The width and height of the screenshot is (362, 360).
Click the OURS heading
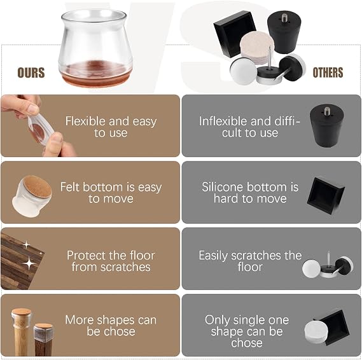click(31, 73)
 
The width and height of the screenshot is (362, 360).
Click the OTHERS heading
click(328, 73)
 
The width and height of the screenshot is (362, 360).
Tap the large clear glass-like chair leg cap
click(95, 48)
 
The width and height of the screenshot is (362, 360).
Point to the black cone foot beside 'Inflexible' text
click(327, 125)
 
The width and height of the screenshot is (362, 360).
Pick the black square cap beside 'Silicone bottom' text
click(326, 195)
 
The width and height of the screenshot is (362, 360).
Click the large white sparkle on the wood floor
click(29, 264)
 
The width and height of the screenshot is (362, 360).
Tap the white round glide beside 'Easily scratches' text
click(311, 268)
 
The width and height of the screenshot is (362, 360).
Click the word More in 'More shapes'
click(77, 320)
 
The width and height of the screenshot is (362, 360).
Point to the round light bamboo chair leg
click(21, 332)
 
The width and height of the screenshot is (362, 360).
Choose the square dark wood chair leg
click(43, 340)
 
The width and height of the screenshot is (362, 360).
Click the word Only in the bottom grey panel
click(217, 321)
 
